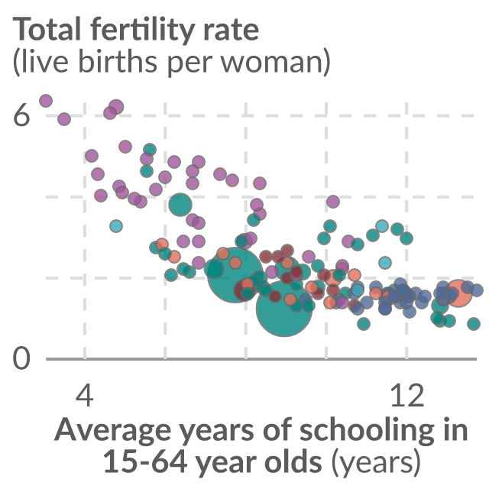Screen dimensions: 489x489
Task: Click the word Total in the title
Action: click(47, 29)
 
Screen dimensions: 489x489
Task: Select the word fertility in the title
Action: click(143, 31)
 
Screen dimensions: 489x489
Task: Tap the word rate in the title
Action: click(231, 31)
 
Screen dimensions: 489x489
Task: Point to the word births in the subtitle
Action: click(120, 60)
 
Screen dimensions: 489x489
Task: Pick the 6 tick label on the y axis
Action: click(21, 115)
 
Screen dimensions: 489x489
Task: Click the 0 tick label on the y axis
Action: click(21, 358)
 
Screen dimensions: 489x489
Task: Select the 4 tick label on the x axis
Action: click(85, 395)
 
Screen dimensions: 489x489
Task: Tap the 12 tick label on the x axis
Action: click(407, 395)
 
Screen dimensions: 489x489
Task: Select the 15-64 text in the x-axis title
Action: click(145, 461)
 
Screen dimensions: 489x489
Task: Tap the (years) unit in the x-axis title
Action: click(375, 463)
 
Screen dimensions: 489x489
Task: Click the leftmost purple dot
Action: click(46, 101)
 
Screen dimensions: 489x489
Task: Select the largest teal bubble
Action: click(235, 275)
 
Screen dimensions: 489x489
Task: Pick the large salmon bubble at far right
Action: click(458, 293)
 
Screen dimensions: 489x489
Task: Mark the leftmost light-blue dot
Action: click(116, 226)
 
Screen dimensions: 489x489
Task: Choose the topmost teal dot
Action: click(150, 150)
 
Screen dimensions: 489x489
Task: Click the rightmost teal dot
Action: click(474, 324)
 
